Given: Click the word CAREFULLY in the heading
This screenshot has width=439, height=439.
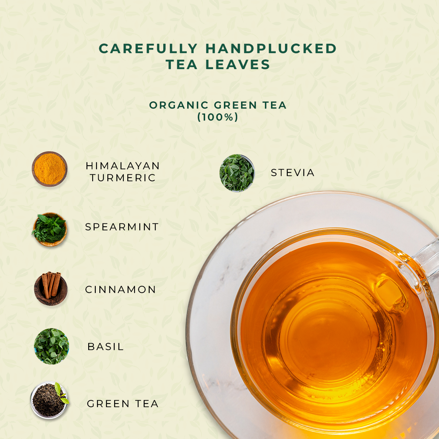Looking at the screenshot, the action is click(148, 48).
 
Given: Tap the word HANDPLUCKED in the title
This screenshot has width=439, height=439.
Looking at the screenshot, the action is click(271, 48).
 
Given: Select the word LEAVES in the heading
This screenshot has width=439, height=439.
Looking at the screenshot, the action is click(238, 64).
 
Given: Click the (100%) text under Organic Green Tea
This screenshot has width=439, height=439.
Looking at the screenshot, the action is click(218, 117).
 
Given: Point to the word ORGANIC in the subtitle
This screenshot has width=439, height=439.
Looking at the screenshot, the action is click(179, 105).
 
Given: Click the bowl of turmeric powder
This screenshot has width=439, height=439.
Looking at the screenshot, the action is click(49, 169).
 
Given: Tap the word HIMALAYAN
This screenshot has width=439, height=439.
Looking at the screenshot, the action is click(123, 166).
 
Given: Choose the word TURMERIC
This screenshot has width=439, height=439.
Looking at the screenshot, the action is click(123, 178).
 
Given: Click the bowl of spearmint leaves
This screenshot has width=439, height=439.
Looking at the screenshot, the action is click(49, 229).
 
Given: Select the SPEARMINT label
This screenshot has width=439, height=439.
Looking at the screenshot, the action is click(122, 227).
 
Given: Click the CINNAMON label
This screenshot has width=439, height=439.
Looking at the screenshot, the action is click(121, 289).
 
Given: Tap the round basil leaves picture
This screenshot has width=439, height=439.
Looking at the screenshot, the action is click(51, 346).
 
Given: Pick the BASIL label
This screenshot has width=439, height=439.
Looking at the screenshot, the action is click(105, 346).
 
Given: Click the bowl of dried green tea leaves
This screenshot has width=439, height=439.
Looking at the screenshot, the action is click(49, 400).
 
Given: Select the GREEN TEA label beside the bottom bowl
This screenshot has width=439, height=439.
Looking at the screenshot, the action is click(123, 404).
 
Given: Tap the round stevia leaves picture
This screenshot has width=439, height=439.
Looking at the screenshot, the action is click(237, 173).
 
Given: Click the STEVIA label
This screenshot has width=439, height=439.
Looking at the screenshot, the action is click(293, 173).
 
